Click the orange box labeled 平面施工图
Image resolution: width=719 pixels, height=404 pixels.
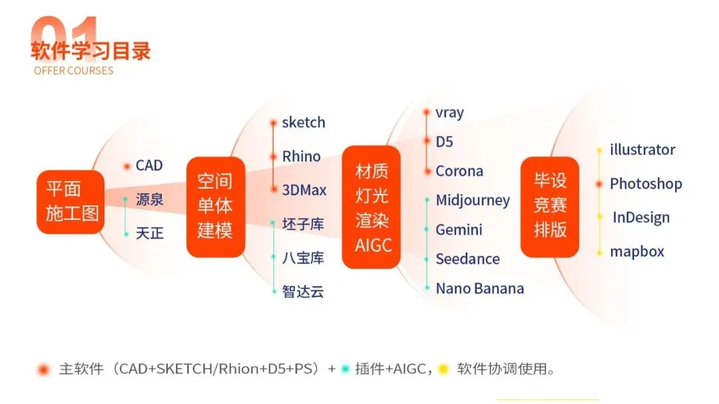(x=71, y=201)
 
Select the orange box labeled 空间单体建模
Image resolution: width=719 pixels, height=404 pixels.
(x=215, y=206)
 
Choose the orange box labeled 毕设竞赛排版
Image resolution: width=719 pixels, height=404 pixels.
(x=550, y=206)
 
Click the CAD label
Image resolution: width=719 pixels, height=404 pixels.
(x=149, y=165)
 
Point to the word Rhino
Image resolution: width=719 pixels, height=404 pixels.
(x=301, y=157)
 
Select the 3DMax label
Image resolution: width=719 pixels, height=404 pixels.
(x=304, y=191)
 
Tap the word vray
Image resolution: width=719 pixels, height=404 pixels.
(x=449, y=113)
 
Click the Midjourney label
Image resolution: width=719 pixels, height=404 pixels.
(x=473, y=201)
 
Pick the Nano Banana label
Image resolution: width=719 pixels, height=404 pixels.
(x=479, y=288)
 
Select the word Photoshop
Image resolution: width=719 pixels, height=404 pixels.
(x=646, y=184)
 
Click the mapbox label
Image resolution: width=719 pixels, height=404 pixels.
(x=637, y=252)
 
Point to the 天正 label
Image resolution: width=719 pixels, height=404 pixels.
(x=150, y=234)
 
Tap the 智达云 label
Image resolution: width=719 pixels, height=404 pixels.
(x=303, y=292)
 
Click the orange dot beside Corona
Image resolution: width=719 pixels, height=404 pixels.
(x=427, y=171)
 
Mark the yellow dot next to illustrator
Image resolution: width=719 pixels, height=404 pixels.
(x=599, y=150)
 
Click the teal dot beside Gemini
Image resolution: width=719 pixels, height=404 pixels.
(x=427, y=230)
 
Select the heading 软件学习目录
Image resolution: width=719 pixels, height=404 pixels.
(x=91, y=50)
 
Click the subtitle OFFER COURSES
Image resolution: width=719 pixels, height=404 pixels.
(x=73, y=70)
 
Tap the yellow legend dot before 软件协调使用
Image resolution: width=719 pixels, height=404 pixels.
(x=443, y=369)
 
